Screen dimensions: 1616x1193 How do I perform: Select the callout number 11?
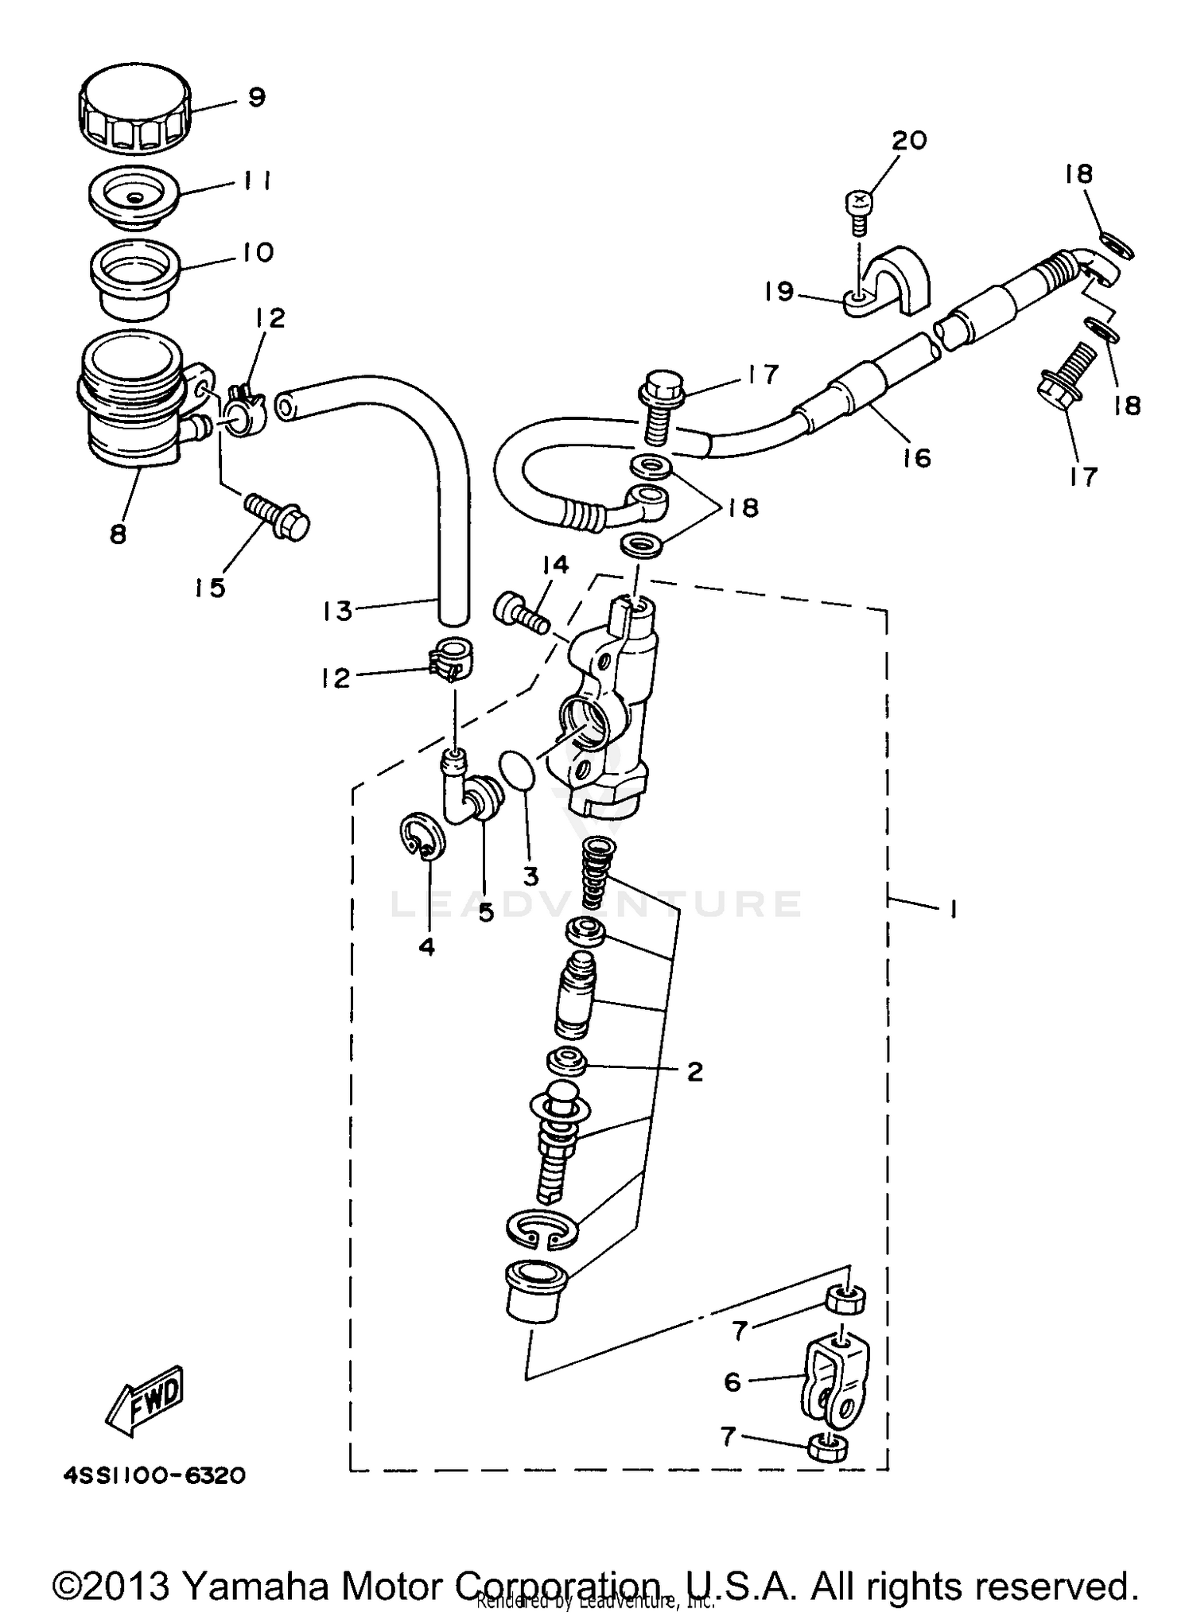[x=256, y=181]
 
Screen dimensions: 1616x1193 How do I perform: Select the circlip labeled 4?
[x=422, y=837]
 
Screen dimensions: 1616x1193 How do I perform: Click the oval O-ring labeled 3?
[x=518, y=770]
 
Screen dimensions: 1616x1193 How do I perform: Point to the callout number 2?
[x=694, y=1072]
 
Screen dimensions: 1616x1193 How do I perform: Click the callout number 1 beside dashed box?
[x=952, y=908]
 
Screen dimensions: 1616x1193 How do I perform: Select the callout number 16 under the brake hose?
[x=916, y=458]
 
